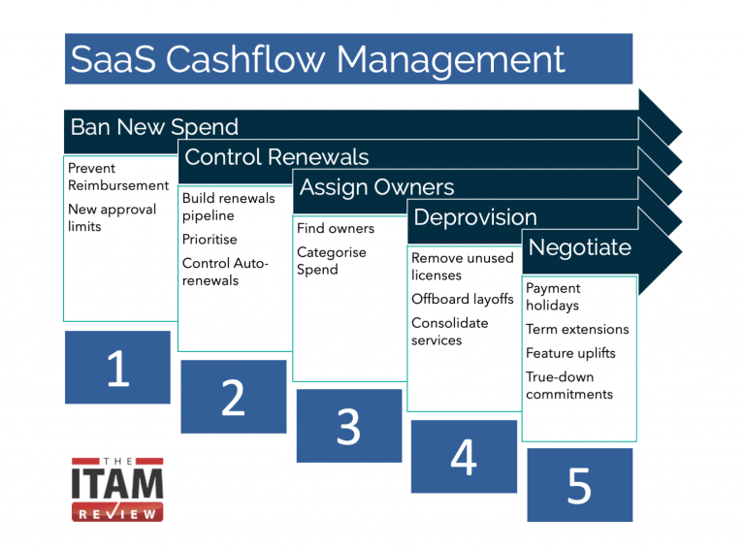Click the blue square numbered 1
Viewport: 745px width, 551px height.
click(117, 368)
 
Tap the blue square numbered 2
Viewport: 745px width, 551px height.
click(233, 396)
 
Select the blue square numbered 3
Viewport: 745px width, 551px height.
click(348, 426)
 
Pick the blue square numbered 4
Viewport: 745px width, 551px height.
click(464, 455)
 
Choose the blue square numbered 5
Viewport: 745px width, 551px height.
click(579, 484)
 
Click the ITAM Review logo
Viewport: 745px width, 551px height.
click(117, 489)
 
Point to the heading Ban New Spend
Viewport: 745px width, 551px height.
click(154, 127)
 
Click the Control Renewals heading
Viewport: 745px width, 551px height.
click(276, 157)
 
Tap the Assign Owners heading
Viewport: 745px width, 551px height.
click(376, 186)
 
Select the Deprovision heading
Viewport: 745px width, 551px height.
click(474, 216)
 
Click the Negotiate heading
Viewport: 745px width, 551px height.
click(579, 247)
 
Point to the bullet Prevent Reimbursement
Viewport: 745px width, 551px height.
click(117, 177)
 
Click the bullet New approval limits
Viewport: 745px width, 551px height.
click(112, 217)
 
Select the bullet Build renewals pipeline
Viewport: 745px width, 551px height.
click(228, 207)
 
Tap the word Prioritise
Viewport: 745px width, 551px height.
click(210, 239)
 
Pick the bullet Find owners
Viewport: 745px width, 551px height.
click(336, 229)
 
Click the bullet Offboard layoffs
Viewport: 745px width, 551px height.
click(462, 299)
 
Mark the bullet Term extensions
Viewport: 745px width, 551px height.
click(577, 329)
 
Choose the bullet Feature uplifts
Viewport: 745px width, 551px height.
click(570, 353)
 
